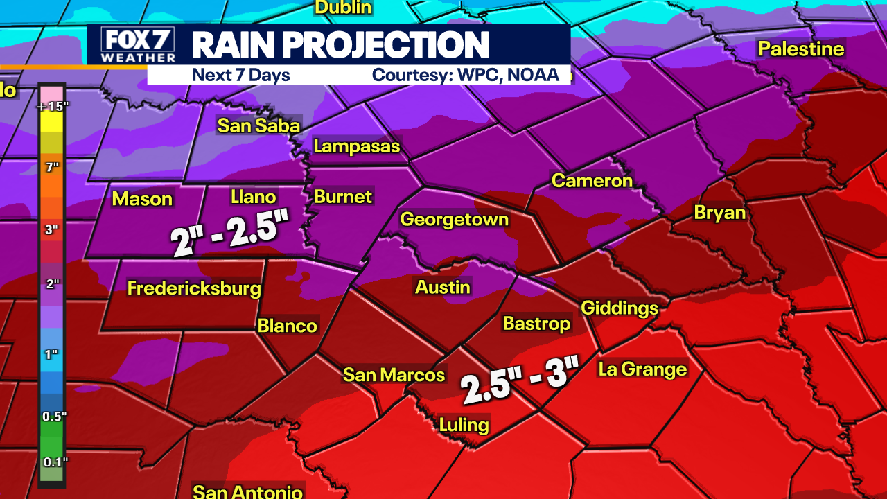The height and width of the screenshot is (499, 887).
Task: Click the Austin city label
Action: (443, 287)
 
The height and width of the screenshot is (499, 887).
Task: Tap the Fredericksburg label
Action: (194, 288)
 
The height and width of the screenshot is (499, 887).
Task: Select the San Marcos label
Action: (394, 375)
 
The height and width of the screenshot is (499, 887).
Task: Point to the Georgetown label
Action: (455, 220)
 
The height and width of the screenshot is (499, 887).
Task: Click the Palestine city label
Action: (801, 49)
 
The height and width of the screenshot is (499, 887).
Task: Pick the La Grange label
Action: (642, 369)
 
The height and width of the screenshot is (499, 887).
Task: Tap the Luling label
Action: (464, 424)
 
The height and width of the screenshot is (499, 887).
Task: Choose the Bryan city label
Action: (720, 213)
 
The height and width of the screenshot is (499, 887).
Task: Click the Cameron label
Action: (592, 181)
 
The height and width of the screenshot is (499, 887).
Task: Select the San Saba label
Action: (258, 125)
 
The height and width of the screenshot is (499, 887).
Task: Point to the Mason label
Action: (142, 199)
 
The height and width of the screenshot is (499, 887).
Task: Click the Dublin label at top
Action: (343, 8)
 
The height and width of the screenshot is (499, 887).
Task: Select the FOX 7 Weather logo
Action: (137, 45)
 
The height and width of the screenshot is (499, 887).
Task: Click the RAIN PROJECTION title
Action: (340, 45)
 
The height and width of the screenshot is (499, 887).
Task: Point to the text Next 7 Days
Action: (240, 75)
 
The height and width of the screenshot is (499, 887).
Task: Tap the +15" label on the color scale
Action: (51, 107)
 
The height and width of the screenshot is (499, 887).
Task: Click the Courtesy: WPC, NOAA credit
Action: (465, 75)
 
